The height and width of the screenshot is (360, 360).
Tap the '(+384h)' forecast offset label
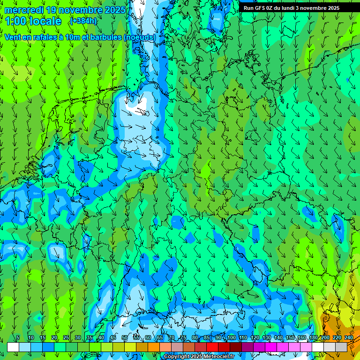[83, 21]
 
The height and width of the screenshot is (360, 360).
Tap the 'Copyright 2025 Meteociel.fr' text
[199, 357]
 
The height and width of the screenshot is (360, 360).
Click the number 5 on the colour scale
[18, 338]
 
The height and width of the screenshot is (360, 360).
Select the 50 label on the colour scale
[125, 338]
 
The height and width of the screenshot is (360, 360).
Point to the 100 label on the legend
[231, 338]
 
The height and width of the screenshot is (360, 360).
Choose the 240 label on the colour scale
[348, 338]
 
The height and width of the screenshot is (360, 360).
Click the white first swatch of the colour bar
[13, 347]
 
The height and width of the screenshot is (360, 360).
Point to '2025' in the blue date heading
[115, 10]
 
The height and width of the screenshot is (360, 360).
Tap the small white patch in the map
[138, 111]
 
